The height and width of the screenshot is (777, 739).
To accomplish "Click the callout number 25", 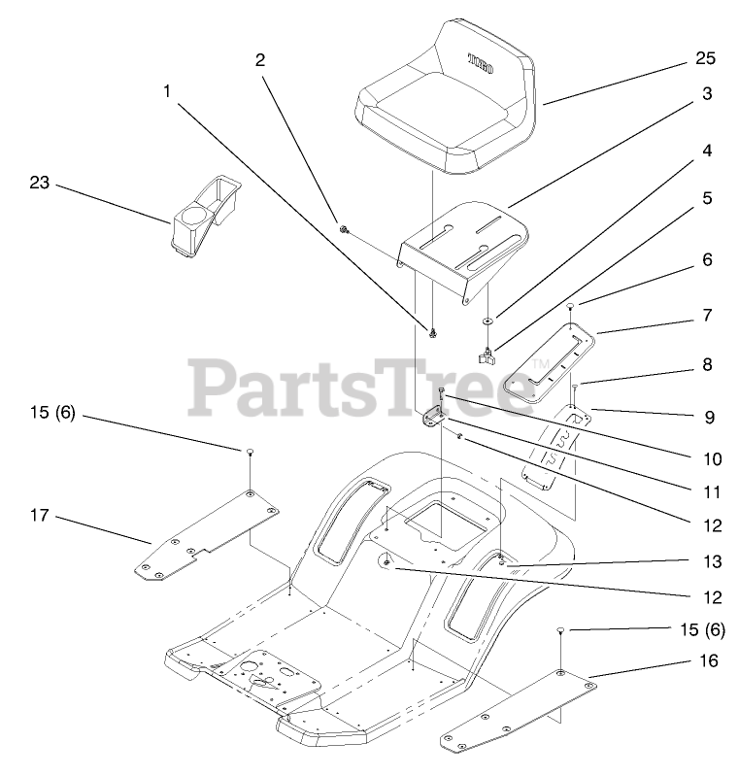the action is (x=705, y=59).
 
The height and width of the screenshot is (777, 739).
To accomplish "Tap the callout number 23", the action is (x=39, y=182).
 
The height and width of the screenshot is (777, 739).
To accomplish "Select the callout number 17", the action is (x=40, y=517).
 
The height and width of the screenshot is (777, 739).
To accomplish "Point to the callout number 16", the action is (x=709, y=660).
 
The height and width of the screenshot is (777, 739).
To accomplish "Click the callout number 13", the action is (x=708, y=560).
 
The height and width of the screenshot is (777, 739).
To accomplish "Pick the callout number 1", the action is (x=167, y=92).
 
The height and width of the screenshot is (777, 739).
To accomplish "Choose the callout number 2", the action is (x=259, y=60).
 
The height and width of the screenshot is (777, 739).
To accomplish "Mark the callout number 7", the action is (x=707, y=315).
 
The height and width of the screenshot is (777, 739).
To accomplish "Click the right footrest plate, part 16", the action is (x=520, y=709).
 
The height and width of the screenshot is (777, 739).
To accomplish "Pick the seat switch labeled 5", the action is (x=487, y=355).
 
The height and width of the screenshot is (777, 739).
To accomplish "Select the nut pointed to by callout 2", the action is (x=344, y=229).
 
